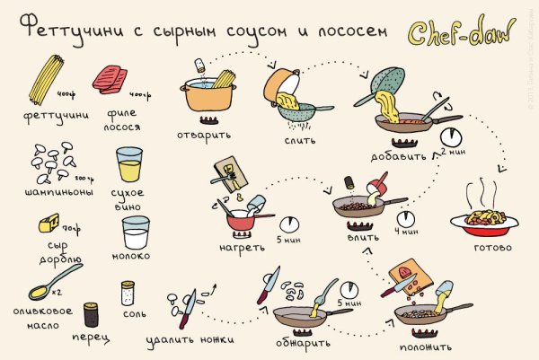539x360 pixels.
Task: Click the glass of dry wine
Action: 129,166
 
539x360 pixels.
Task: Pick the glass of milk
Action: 135,235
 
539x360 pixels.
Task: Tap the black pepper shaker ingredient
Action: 91,314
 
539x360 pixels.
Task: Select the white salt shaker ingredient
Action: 128,294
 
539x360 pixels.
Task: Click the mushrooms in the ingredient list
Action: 51,162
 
